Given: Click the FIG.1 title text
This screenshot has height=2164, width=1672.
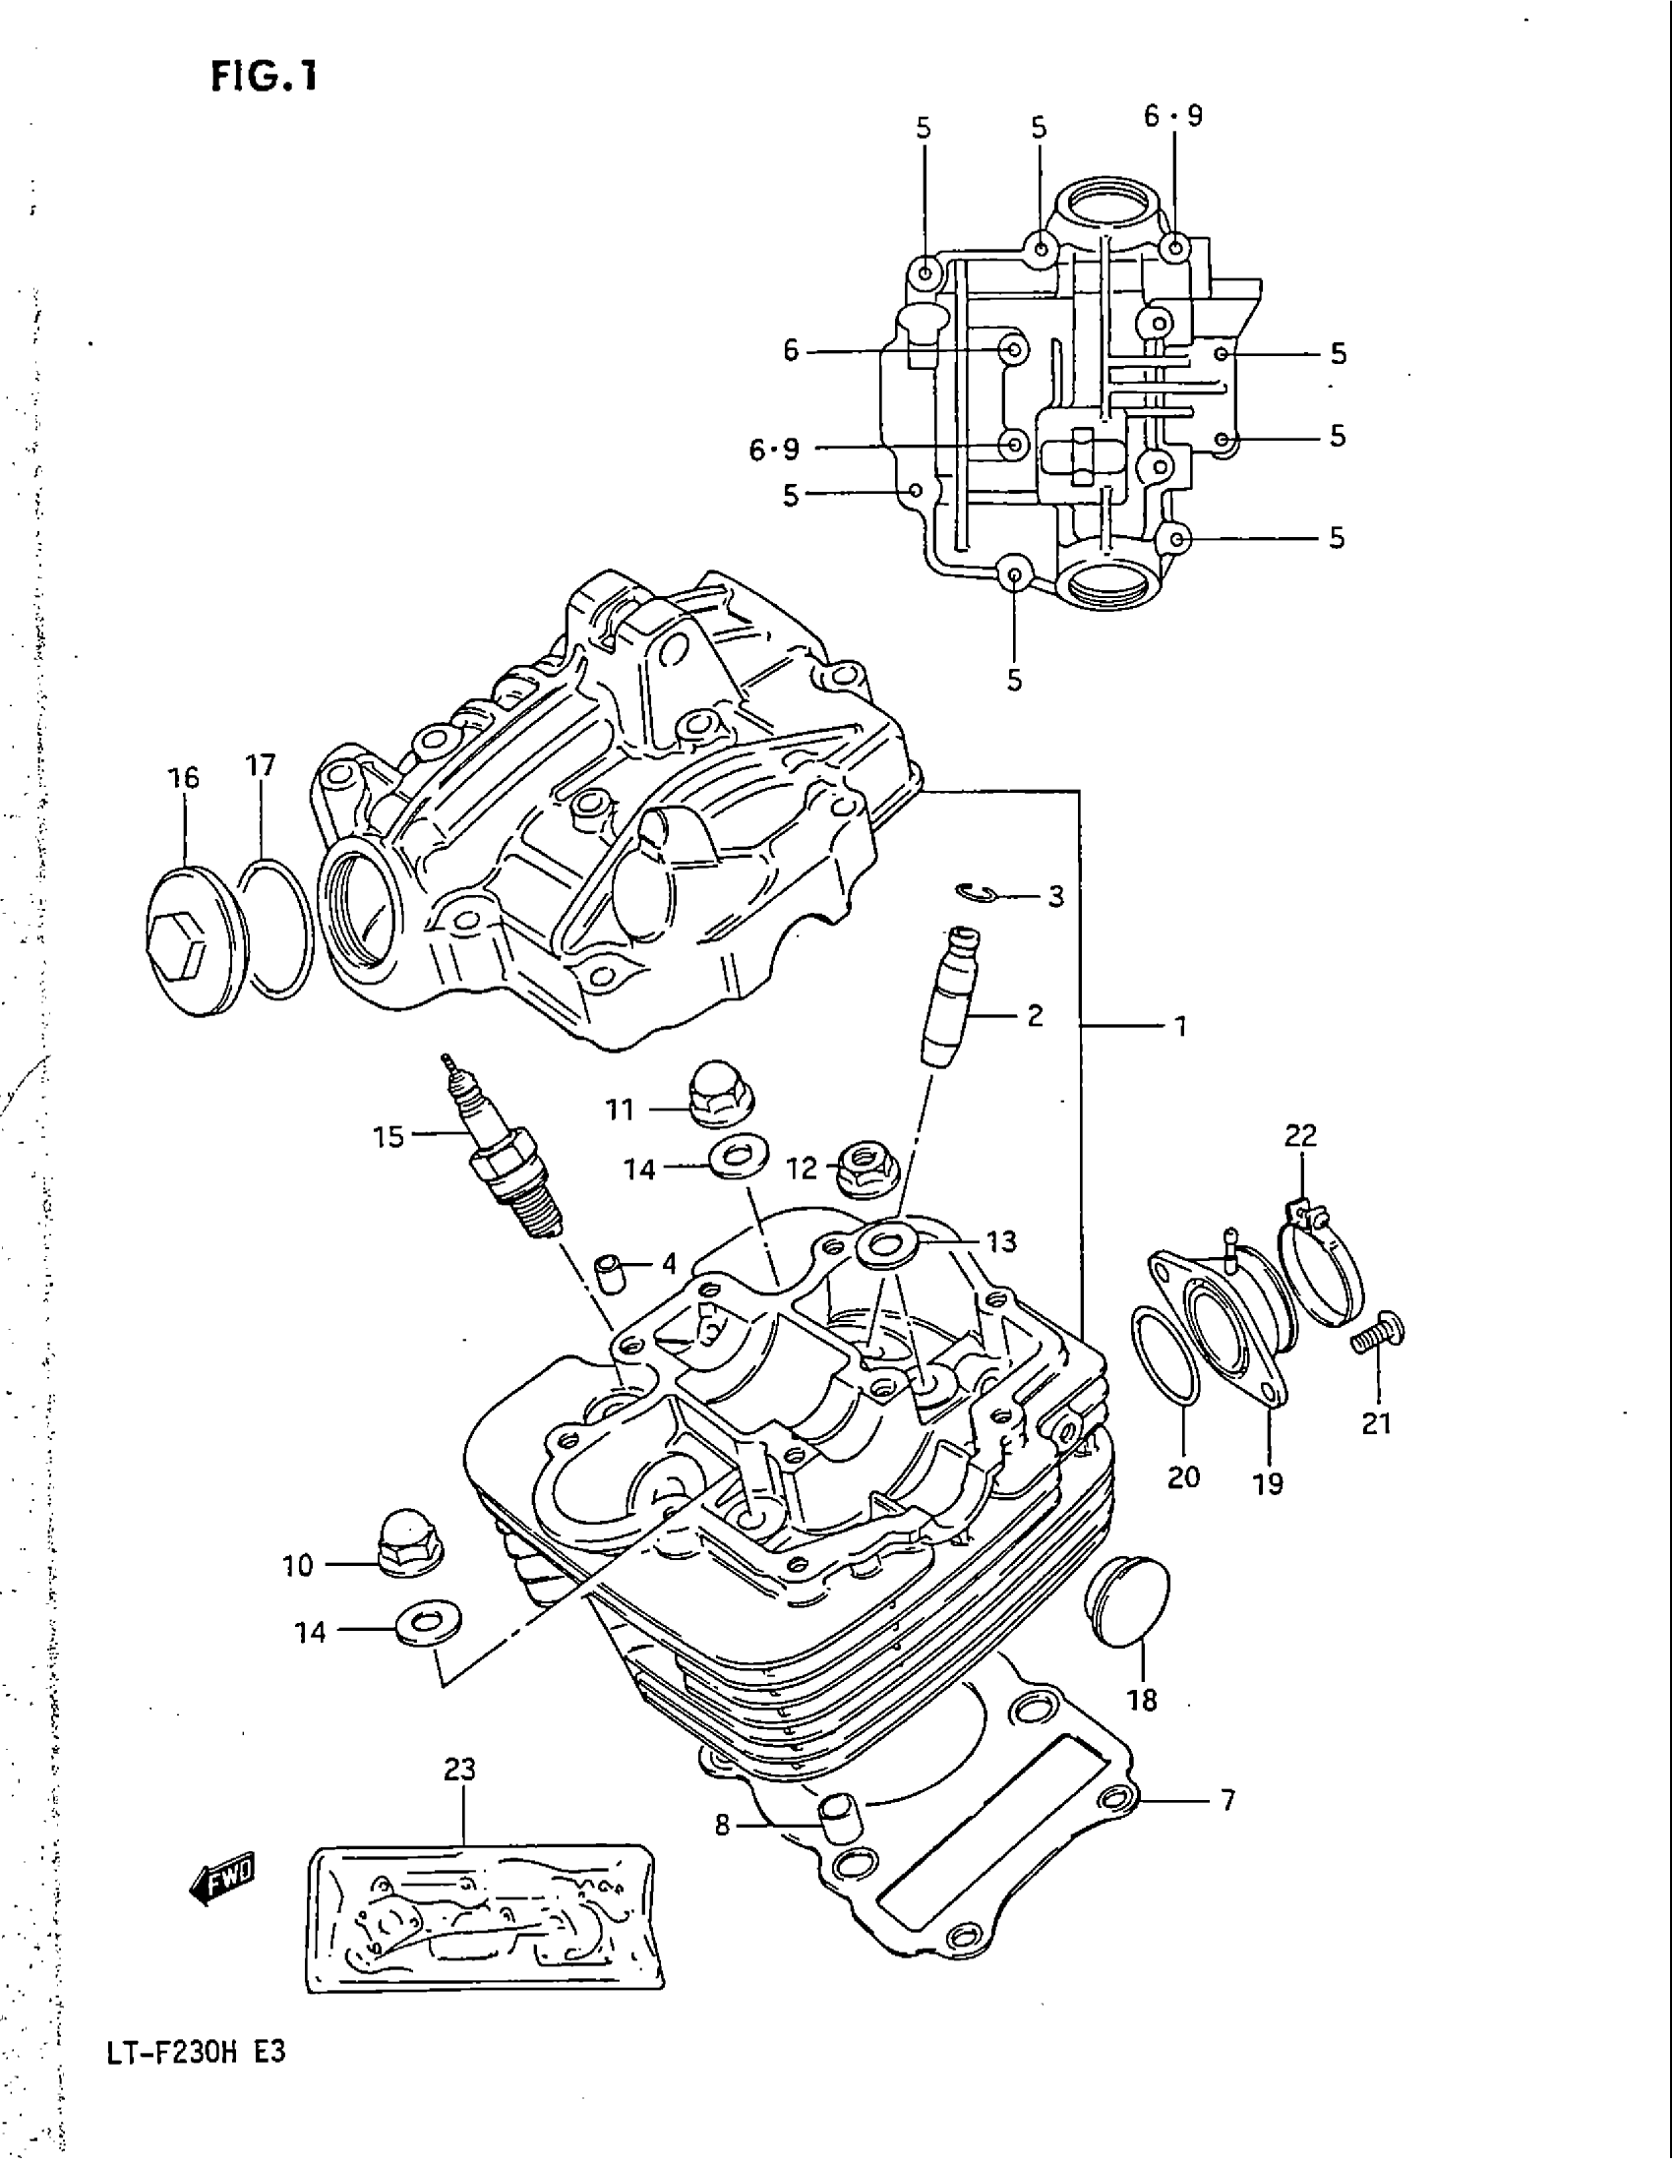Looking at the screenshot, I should [x=265, y=76].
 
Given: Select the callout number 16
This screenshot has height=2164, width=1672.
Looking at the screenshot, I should [x=184, y=778].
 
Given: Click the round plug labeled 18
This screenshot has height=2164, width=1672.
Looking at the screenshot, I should [x=1128, y=1606].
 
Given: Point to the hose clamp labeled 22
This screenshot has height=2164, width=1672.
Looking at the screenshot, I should [x=1321, y=1264].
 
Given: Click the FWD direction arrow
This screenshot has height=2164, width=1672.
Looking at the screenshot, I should [x=223, y=1878].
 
